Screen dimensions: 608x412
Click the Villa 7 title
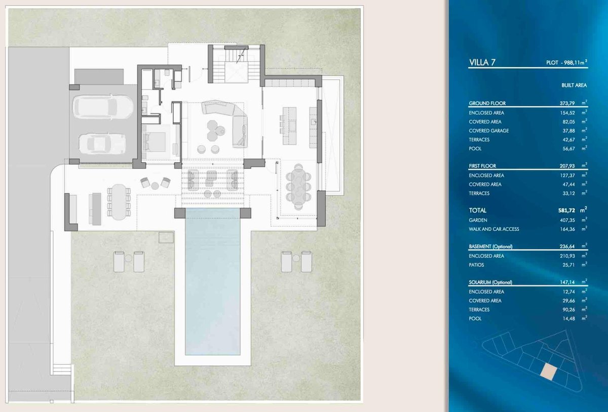point(482,62)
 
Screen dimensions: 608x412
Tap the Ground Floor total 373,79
point(567,103)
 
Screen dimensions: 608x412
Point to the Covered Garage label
point(488,131)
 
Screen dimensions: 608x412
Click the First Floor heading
point(482,166)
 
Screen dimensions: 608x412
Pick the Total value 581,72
point(567,210)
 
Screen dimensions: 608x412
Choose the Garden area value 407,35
point(567,220)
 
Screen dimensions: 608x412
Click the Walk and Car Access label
point(493,229)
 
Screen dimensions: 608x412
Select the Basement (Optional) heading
point(490,246)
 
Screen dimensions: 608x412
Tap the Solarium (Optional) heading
point(490,282)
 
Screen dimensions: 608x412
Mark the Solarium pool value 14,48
point(568,319)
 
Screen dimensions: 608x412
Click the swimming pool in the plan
point(212,281)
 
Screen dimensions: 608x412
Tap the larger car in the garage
point(103,106)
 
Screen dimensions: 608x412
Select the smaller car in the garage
point(102,144)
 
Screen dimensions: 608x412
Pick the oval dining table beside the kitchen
point(298,187)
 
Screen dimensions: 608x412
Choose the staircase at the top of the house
point(237,65)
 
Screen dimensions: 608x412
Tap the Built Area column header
point(574,85)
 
